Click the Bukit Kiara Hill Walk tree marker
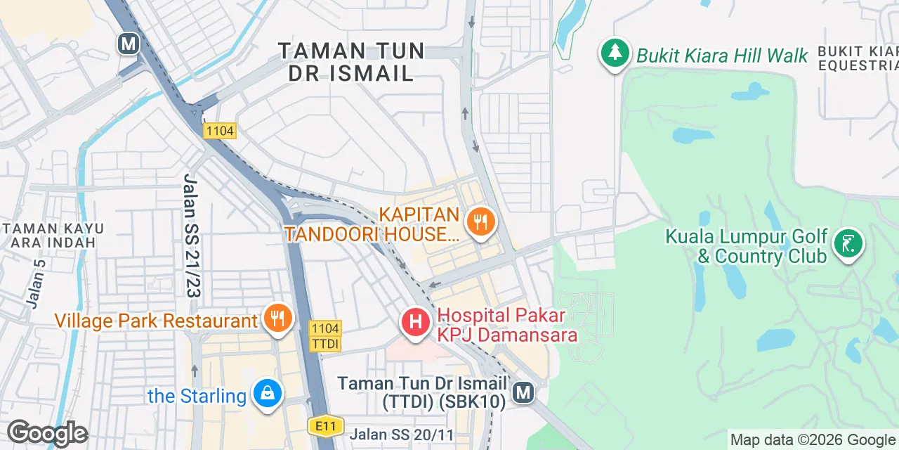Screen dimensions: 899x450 tap(615, 53)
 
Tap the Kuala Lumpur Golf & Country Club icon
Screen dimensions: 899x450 tap(848, 244)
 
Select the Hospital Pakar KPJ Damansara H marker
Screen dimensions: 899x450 tap(415, 323)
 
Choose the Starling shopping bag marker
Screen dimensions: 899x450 tap(268, 394)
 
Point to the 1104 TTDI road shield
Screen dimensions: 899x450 tap(324, 335)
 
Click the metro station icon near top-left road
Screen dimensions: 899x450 tap(128, 44)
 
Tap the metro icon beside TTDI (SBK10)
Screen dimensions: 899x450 tap(523, 392)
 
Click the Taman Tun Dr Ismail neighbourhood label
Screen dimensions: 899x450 tap(351, 62)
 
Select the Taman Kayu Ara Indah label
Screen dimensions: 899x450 tap(53, 236)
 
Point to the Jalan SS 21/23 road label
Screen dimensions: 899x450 tap(190, 235)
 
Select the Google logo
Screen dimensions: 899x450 tap(47, 434)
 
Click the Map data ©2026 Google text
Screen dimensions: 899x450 tap(813, 440)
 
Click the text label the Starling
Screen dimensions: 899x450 tap(197, 396)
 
